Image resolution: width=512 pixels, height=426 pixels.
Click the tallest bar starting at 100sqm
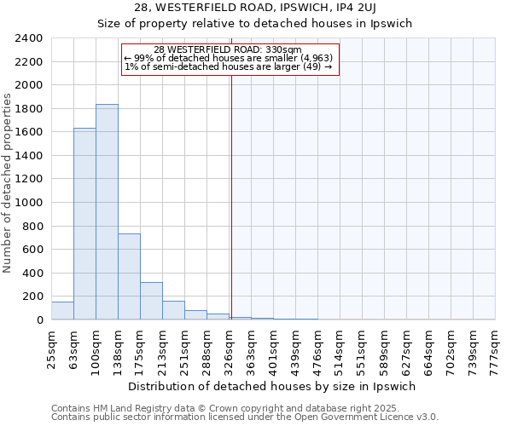click(107, 212)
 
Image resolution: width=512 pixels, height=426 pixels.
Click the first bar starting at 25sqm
click(62, 311)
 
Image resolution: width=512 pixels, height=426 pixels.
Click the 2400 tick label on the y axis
click(29, 38)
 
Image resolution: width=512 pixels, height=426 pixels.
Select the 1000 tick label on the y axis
click(29, 203)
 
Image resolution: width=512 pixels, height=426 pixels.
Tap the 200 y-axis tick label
click(32, 296)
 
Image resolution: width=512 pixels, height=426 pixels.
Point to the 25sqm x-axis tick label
click(52, 346)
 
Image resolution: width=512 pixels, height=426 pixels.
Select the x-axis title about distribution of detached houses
click(273, 386)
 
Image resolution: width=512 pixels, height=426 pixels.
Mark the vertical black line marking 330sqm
click(231, 196)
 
